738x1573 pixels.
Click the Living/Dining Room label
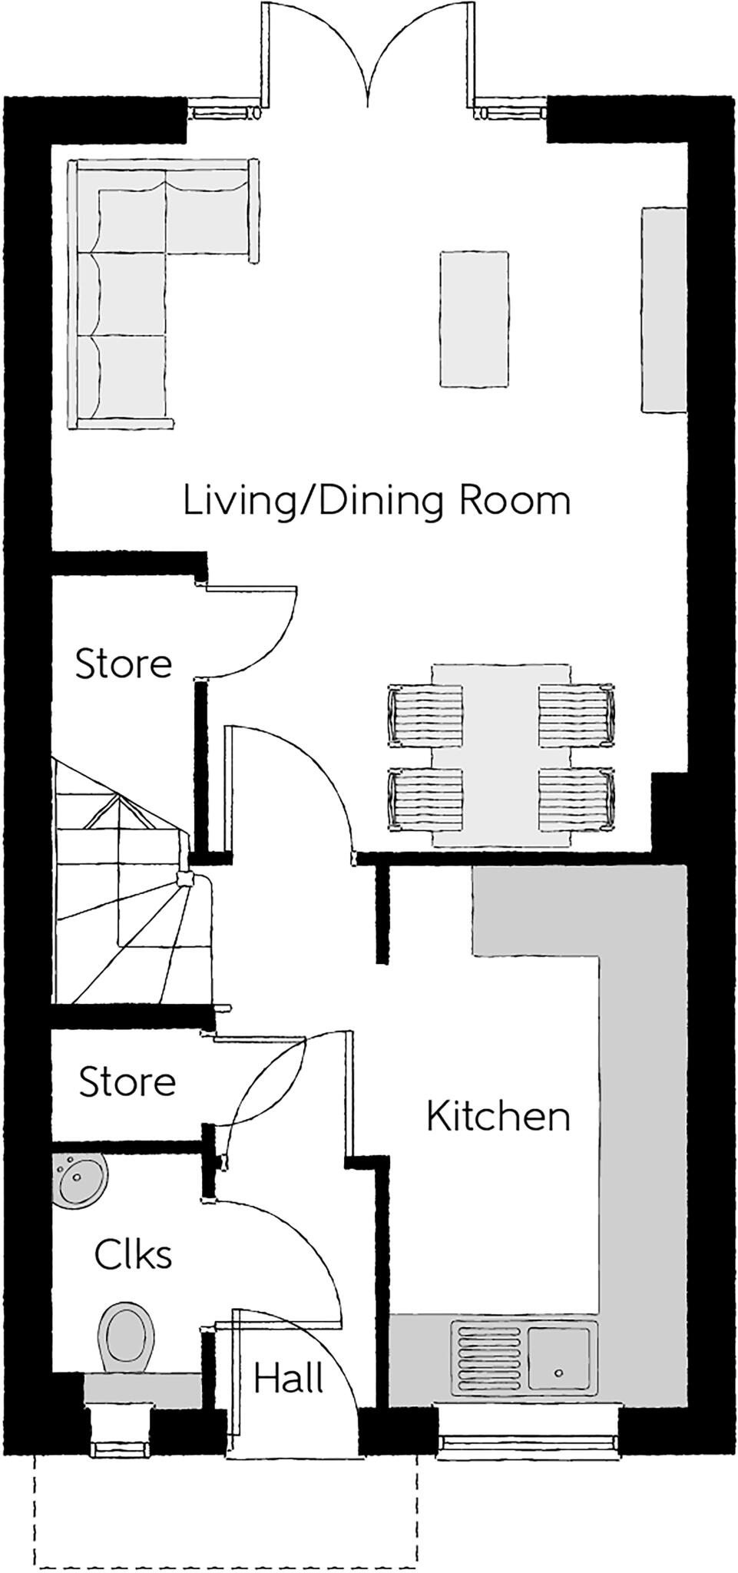click(x=376, y=502)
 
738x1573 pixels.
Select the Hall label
click(x=289, y=1379)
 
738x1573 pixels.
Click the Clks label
click(x=133, y=1254)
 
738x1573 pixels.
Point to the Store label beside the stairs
click(x=123, y=663)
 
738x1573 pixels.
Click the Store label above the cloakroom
click(x=127, y=1081)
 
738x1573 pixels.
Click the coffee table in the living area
click(x=474, y=319)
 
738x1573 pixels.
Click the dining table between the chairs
click(x=501, y=757)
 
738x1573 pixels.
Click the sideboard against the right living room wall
click(x=663, y=310)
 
